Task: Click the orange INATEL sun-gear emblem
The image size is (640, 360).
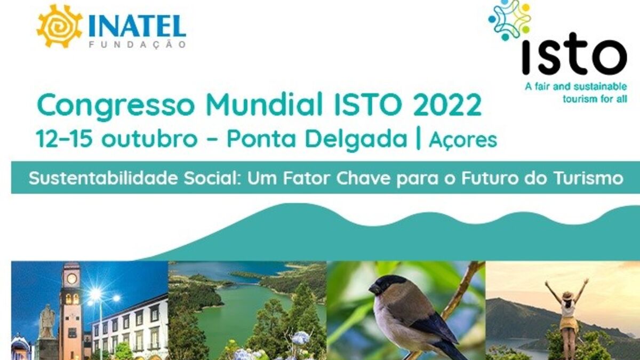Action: tap(59, 26)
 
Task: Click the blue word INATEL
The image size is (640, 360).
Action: tap(137, 26)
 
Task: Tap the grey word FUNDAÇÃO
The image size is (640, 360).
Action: tap(138, 45)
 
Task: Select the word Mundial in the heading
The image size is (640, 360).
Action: tap(265, 105)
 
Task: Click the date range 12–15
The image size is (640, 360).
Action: tap(65, 139)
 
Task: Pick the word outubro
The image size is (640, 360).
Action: tap(149, 139)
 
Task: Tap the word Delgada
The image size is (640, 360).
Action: tap(356, 140)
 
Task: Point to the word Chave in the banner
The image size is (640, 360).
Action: tap(363, 178)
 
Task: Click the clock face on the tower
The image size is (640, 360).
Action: tap(71, 278)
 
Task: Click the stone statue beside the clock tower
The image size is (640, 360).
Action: tap(47, 322)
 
